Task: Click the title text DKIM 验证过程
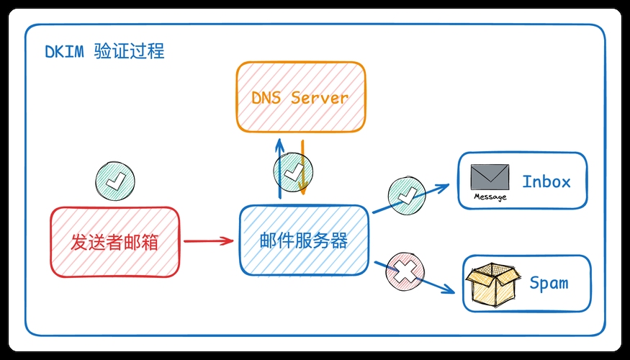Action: [x=104, y=52]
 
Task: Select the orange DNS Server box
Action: [x=301, y=96]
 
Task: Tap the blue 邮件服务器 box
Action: [x=304, y=240]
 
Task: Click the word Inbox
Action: [x=546, y=181]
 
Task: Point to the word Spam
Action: [x=549, y=283]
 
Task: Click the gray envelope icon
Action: [x=490, y=177]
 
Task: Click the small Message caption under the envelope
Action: [x=490, y=197]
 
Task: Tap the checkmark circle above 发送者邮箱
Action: [x=114, y=179]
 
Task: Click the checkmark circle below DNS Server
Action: [x=293, y=172]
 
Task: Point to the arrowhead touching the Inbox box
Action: [x=444, y=185]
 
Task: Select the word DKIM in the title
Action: [x=64, y=52]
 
